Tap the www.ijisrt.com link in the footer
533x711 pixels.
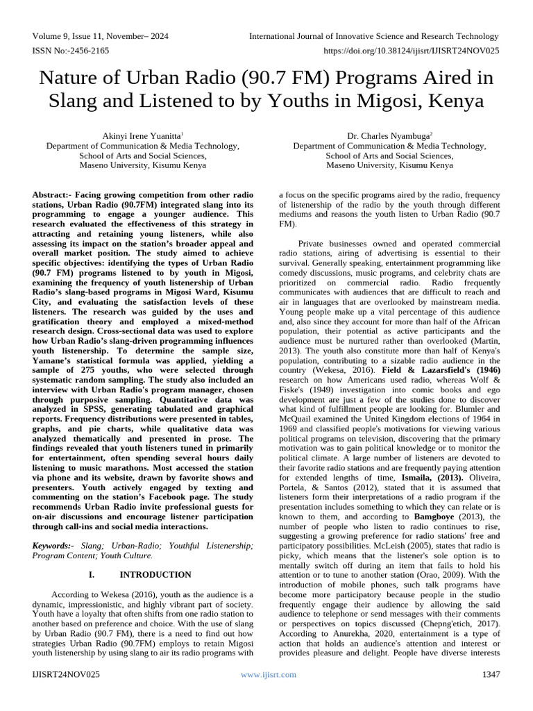[268, 674]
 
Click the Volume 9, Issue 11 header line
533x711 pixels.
[101, 36]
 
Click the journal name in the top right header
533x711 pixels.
[374, 36]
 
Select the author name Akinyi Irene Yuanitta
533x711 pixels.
[142, 135]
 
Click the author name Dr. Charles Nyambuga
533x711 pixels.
[389, 135]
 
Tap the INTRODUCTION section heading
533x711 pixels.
[155, 575]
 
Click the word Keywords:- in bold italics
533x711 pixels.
[53, 546]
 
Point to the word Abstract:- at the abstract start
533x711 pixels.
[56, 195]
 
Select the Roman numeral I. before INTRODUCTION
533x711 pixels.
[92, 575]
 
